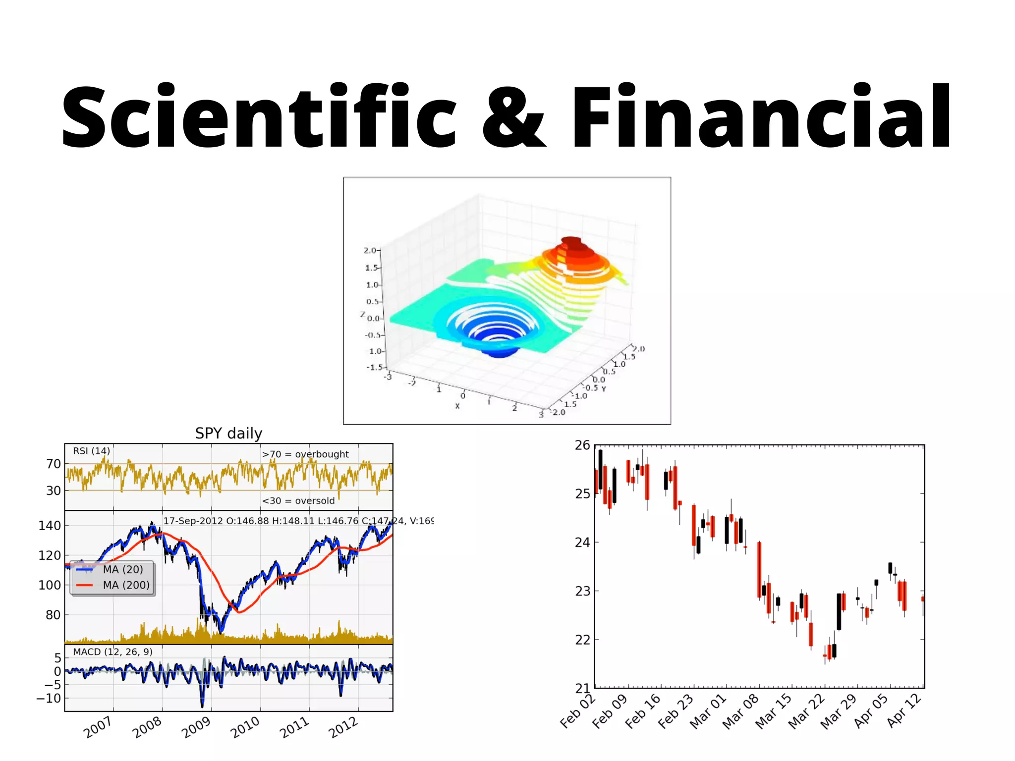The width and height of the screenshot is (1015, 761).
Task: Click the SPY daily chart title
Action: click(x=228, y=434)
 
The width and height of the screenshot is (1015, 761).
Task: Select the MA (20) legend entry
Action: click(x=122, y=570)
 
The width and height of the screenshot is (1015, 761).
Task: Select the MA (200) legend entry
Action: click(x=126, y=585)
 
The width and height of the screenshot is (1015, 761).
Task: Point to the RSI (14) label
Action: click(x=91, y=451)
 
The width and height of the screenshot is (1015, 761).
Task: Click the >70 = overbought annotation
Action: click(x=305, y=454)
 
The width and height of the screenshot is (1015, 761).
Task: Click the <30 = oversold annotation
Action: click(x=298, y=501)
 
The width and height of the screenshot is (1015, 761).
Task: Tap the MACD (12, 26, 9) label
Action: click(x=113, y=652)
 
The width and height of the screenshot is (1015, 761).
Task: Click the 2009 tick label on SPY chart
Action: click(x=196, y=727)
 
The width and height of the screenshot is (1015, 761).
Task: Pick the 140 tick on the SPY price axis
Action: click(x=50, y=526)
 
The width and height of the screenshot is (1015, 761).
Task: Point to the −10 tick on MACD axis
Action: click(x=49, y=699)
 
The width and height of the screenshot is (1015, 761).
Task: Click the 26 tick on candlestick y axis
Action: click(x=582, y=445)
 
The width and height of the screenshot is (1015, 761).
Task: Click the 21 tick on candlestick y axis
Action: click(x=582, y=688)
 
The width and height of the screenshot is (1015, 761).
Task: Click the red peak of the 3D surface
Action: click(x=571, y=244)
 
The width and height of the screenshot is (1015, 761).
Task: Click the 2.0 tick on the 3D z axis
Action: click(x=370, y=251)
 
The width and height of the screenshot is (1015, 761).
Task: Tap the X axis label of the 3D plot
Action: click(x=457, y=406)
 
